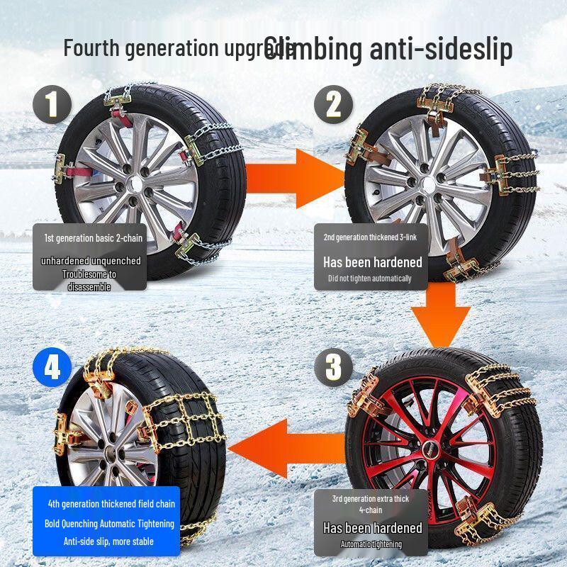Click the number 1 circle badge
coord(52,104)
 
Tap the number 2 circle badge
coord(334,104)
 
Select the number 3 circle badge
coord(333,367)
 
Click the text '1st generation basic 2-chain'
coord(89,238)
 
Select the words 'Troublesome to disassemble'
coord(89,280)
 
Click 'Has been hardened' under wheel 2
coord(372,262)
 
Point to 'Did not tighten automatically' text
coord(369,279)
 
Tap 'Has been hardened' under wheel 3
coord(372,528)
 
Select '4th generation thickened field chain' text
coord(111,504)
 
